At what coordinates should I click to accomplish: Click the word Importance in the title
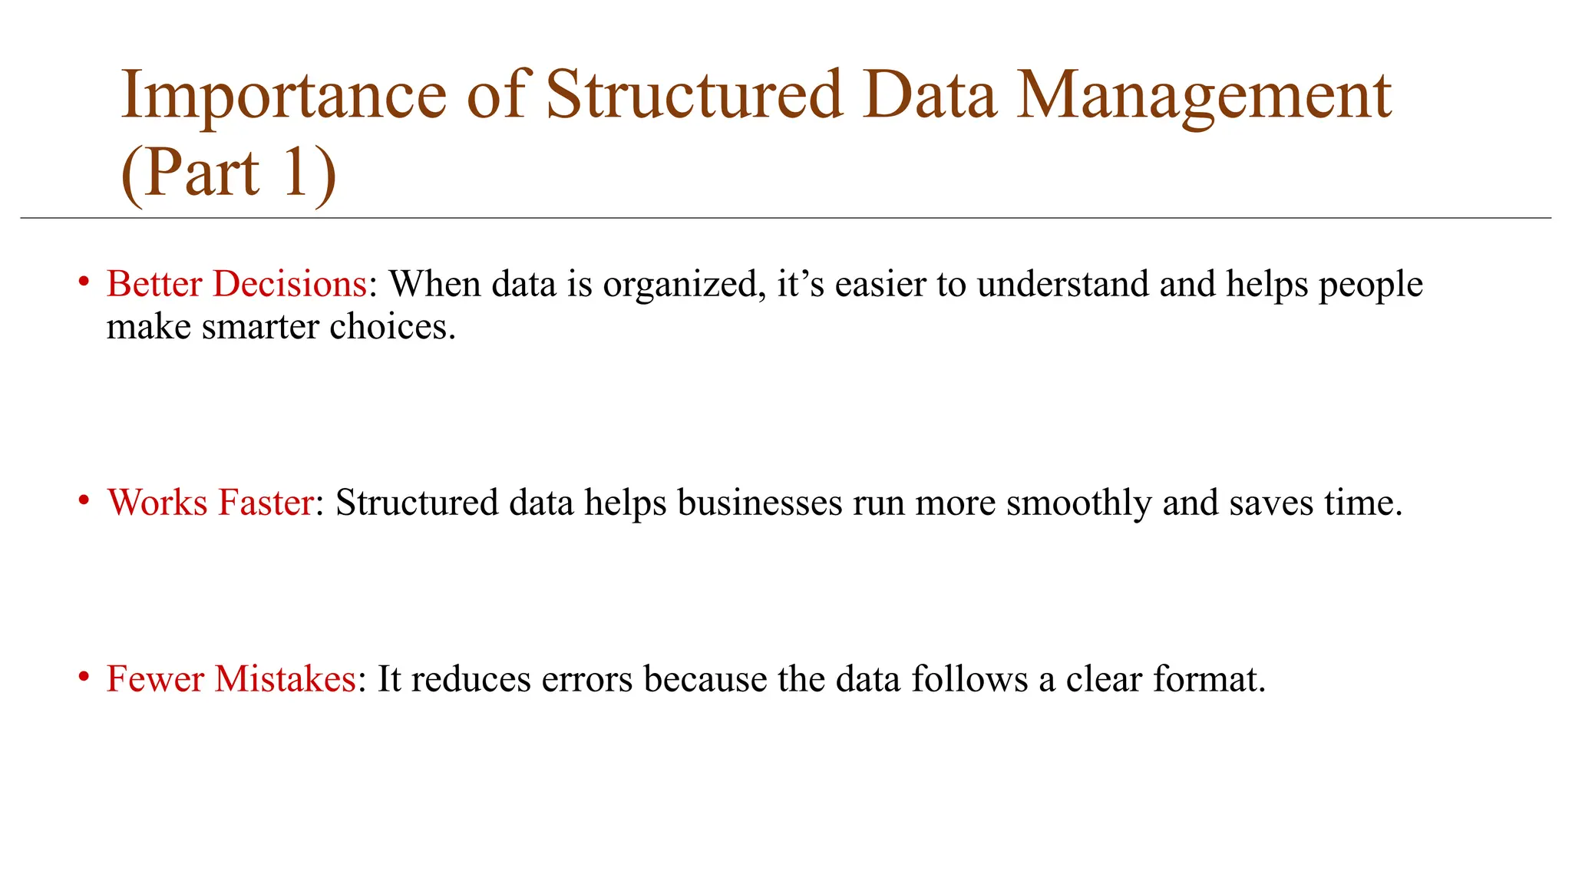click(283, 97)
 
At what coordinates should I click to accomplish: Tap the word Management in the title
click(1204, 97)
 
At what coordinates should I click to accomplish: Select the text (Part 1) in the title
click(229, 173)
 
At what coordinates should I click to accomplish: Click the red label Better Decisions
click(236, 284)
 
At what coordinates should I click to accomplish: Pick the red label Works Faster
click(210, 503)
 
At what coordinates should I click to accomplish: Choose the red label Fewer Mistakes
click(230, 679)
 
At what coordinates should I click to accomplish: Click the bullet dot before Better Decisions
click(84, 281)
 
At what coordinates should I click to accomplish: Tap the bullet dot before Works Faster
click(84, 500)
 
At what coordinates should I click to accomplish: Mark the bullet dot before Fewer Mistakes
click(84, 676)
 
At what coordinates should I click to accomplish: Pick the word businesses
click(759, 503)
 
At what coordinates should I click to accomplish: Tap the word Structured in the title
click(694, 97)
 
